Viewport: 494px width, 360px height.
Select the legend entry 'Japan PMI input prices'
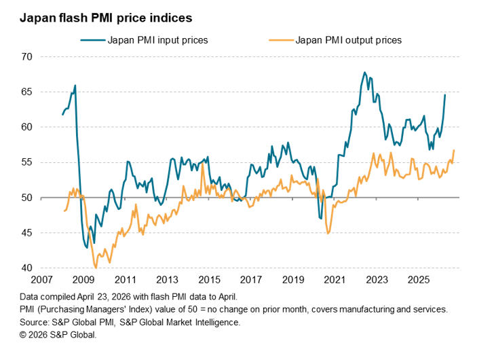[x=157, y=40]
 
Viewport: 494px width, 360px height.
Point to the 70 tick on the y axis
[x=27, y=56]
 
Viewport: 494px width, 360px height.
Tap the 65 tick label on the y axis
[x=27, y=92]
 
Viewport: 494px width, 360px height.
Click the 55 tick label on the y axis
[x=27, y=162]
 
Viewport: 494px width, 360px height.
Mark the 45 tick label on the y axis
[x=27, y=233]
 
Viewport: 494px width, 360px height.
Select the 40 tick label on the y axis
[x=27, y=268]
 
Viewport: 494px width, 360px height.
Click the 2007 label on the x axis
[x=42, y=280]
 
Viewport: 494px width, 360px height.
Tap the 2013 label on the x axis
[x=168, y=280]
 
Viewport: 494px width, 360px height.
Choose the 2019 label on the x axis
[x=293, y=280]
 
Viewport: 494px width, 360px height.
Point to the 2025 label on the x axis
[x=419, y=280]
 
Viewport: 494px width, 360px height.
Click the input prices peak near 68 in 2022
[x=364, y=72]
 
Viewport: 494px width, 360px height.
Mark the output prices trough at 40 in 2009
[x=96, y=268]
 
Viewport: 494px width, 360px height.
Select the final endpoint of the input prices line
[x=445, y=94]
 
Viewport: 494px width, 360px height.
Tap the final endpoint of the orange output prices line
[x=453, y=150]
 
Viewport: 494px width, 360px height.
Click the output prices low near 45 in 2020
[x=328, y=234]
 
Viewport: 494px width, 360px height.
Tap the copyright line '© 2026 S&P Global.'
[x=58, y=335]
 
